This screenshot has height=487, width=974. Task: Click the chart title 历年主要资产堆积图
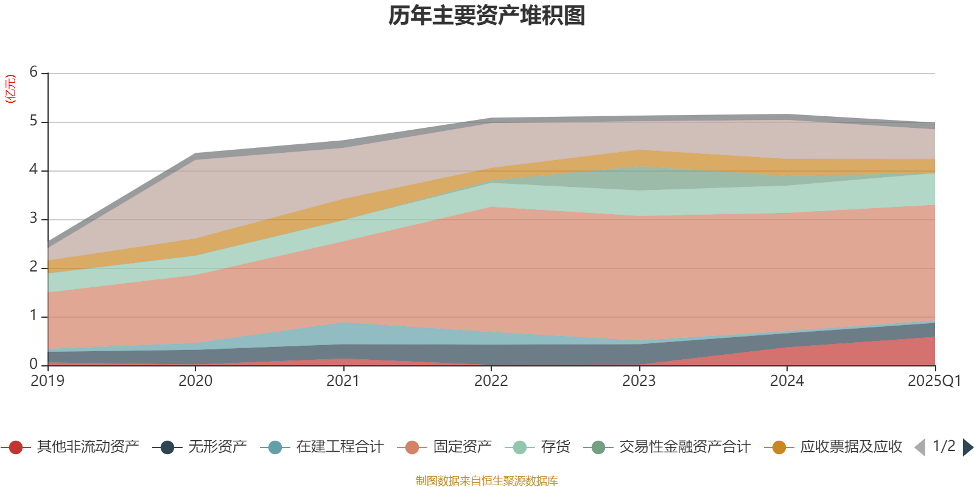tap(486, 16)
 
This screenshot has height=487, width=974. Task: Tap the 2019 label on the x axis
tap(47, 381)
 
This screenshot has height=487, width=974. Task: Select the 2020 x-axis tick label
tap(195, 381)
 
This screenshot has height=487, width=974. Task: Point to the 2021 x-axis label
tap(343, 381)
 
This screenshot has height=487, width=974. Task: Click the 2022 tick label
tap(491, 381)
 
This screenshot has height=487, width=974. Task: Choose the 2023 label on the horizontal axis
tap(639, 381)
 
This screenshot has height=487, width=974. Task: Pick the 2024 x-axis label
tap(787, 381)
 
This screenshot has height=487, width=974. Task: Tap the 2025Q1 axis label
tap(934, 381)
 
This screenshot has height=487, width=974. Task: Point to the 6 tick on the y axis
tap(33, 72)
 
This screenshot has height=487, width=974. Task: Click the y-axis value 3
tap(33, 219)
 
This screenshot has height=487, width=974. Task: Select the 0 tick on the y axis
tap(33, 364)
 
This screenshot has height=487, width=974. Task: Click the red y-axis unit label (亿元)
tap(10, 89)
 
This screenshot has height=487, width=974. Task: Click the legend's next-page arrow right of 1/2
tap(967, 447)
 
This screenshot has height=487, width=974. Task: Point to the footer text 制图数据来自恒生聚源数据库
tap(486, 481)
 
